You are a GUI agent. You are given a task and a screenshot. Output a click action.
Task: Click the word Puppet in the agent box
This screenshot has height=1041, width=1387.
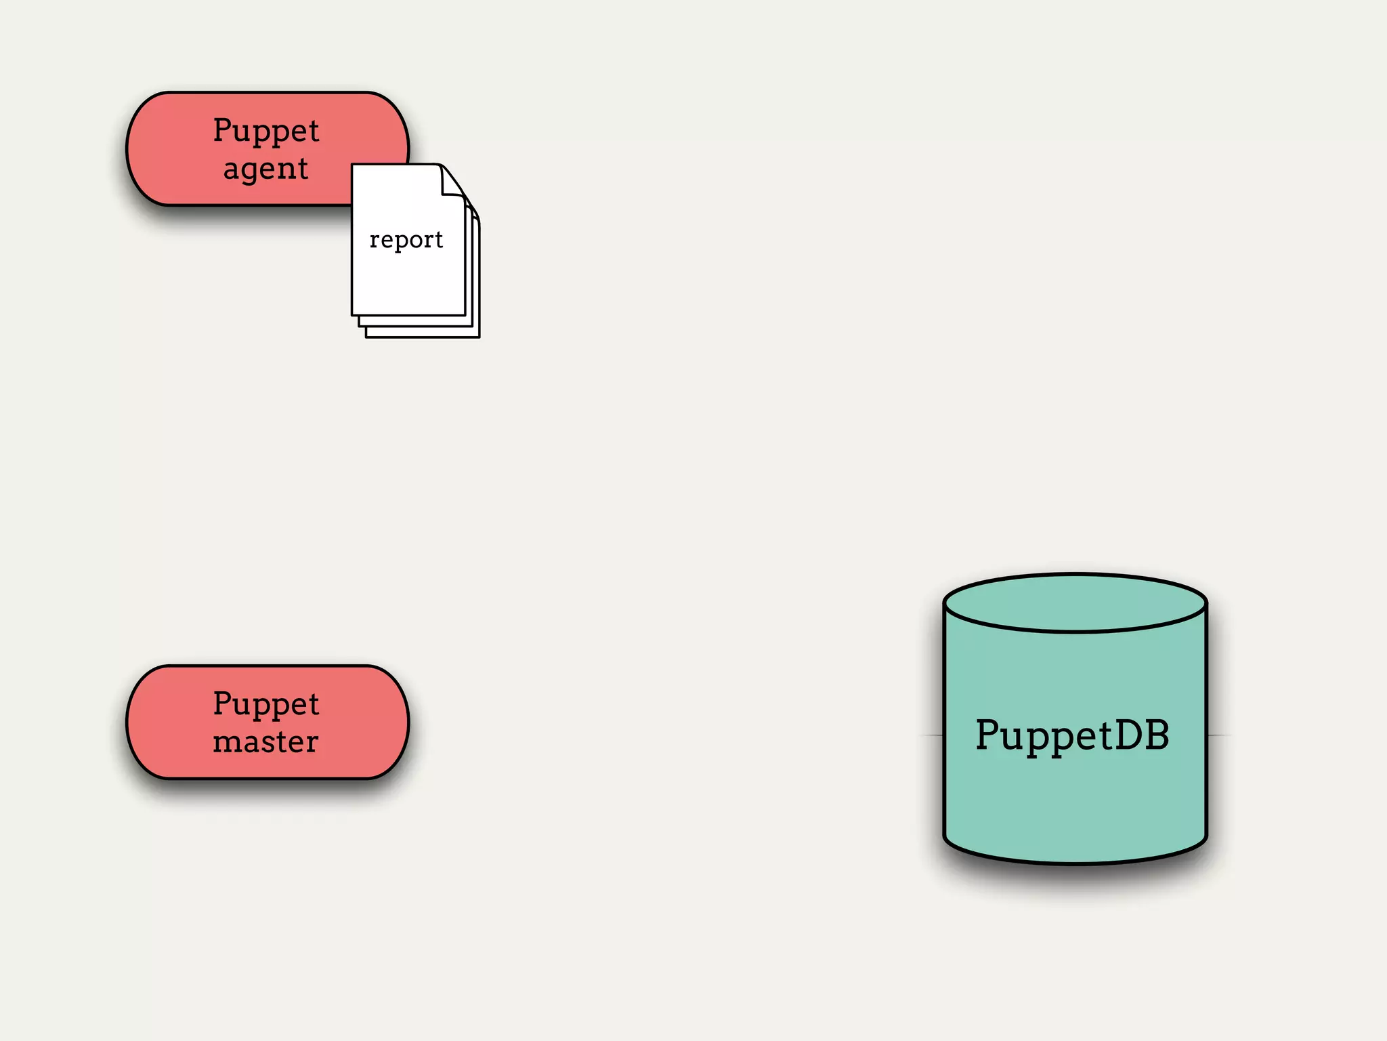point(266,131)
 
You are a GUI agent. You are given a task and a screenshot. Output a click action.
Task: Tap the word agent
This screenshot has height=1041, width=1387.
point(266,169)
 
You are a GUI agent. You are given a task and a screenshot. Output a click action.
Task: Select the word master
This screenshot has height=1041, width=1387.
point(266,741)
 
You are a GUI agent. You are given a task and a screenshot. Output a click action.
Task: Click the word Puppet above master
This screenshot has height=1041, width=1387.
point(266,704)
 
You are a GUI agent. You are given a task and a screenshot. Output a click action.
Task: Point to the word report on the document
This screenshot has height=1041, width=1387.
point(406,240)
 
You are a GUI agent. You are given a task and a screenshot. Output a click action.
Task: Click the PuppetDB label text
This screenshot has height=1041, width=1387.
point(1073,735)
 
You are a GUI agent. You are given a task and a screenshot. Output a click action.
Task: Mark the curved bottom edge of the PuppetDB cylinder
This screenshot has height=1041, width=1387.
point(1075,862)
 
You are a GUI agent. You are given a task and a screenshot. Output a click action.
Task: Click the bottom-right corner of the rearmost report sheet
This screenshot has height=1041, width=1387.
point(478,336)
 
